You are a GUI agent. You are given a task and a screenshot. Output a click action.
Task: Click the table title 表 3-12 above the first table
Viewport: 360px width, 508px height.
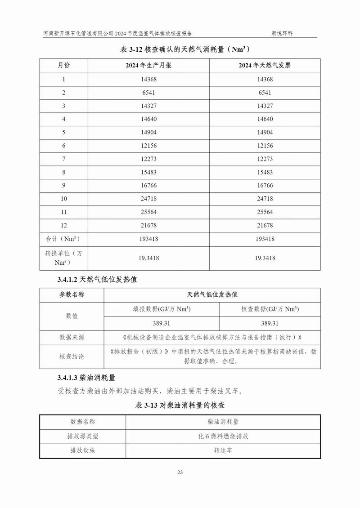click(x=180, y=50)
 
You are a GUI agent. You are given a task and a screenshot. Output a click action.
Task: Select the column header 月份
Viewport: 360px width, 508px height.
click(x=63, y=65)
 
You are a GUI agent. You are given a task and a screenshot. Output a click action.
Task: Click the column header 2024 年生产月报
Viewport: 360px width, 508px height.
click(x=148, y=65)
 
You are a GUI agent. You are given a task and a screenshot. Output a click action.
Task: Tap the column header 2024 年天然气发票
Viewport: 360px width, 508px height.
click(x=265, y=65)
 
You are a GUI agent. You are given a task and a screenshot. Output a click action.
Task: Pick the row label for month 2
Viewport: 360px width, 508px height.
click(x=63, y=93)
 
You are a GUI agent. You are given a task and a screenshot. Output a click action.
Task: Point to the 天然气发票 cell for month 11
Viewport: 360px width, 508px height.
click(x=265, y=212)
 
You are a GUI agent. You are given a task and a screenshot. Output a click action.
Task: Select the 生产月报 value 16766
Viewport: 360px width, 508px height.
click(x=148, y=185)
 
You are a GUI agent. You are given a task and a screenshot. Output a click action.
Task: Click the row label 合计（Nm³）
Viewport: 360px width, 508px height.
click(x=63, y=239)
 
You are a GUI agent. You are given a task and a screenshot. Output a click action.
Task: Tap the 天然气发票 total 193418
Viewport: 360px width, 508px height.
click(x=265, y=239)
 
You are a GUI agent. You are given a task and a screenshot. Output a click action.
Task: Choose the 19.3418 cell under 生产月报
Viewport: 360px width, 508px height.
click(x=148, y=258)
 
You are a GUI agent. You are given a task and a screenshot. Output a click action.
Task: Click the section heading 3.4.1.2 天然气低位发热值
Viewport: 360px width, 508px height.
click(x=97, y=280)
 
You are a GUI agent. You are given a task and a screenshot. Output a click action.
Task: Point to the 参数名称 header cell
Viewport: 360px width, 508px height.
click(x=72, y=295)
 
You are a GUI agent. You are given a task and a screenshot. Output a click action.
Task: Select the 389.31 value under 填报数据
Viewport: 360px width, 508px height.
click(x=162, y=323)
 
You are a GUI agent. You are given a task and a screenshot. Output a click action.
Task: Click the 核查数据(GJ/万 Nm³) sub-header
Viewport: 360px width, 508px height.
click(x=270, y=309)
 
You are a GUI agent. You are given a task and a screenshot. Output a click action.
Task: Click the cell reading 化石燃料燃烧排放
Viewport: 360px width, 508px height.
click(x=223, y=436)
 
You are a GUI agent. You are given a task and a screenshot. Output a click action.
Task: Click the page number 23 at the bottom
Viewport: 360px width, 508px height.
click(x=180, y=472)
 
